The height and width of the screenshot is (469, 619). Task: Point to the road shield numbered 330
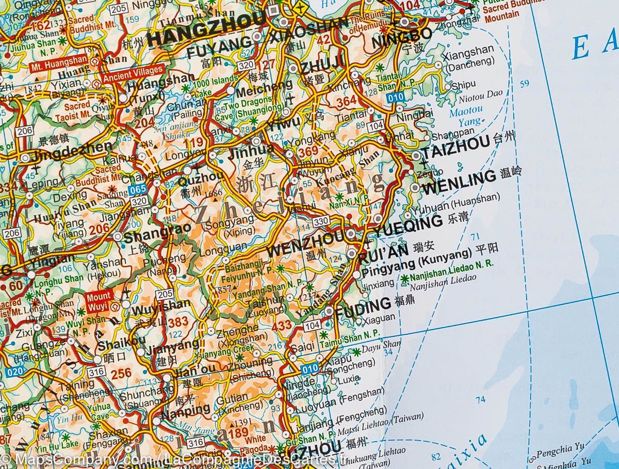point(320,221)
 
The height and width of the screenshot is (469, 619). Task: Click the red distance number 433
point(282,325)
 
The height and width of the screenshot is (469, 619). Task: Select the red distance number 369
point(308,151)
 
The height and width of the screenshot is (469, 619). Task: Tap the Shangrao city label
point(154,236)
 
